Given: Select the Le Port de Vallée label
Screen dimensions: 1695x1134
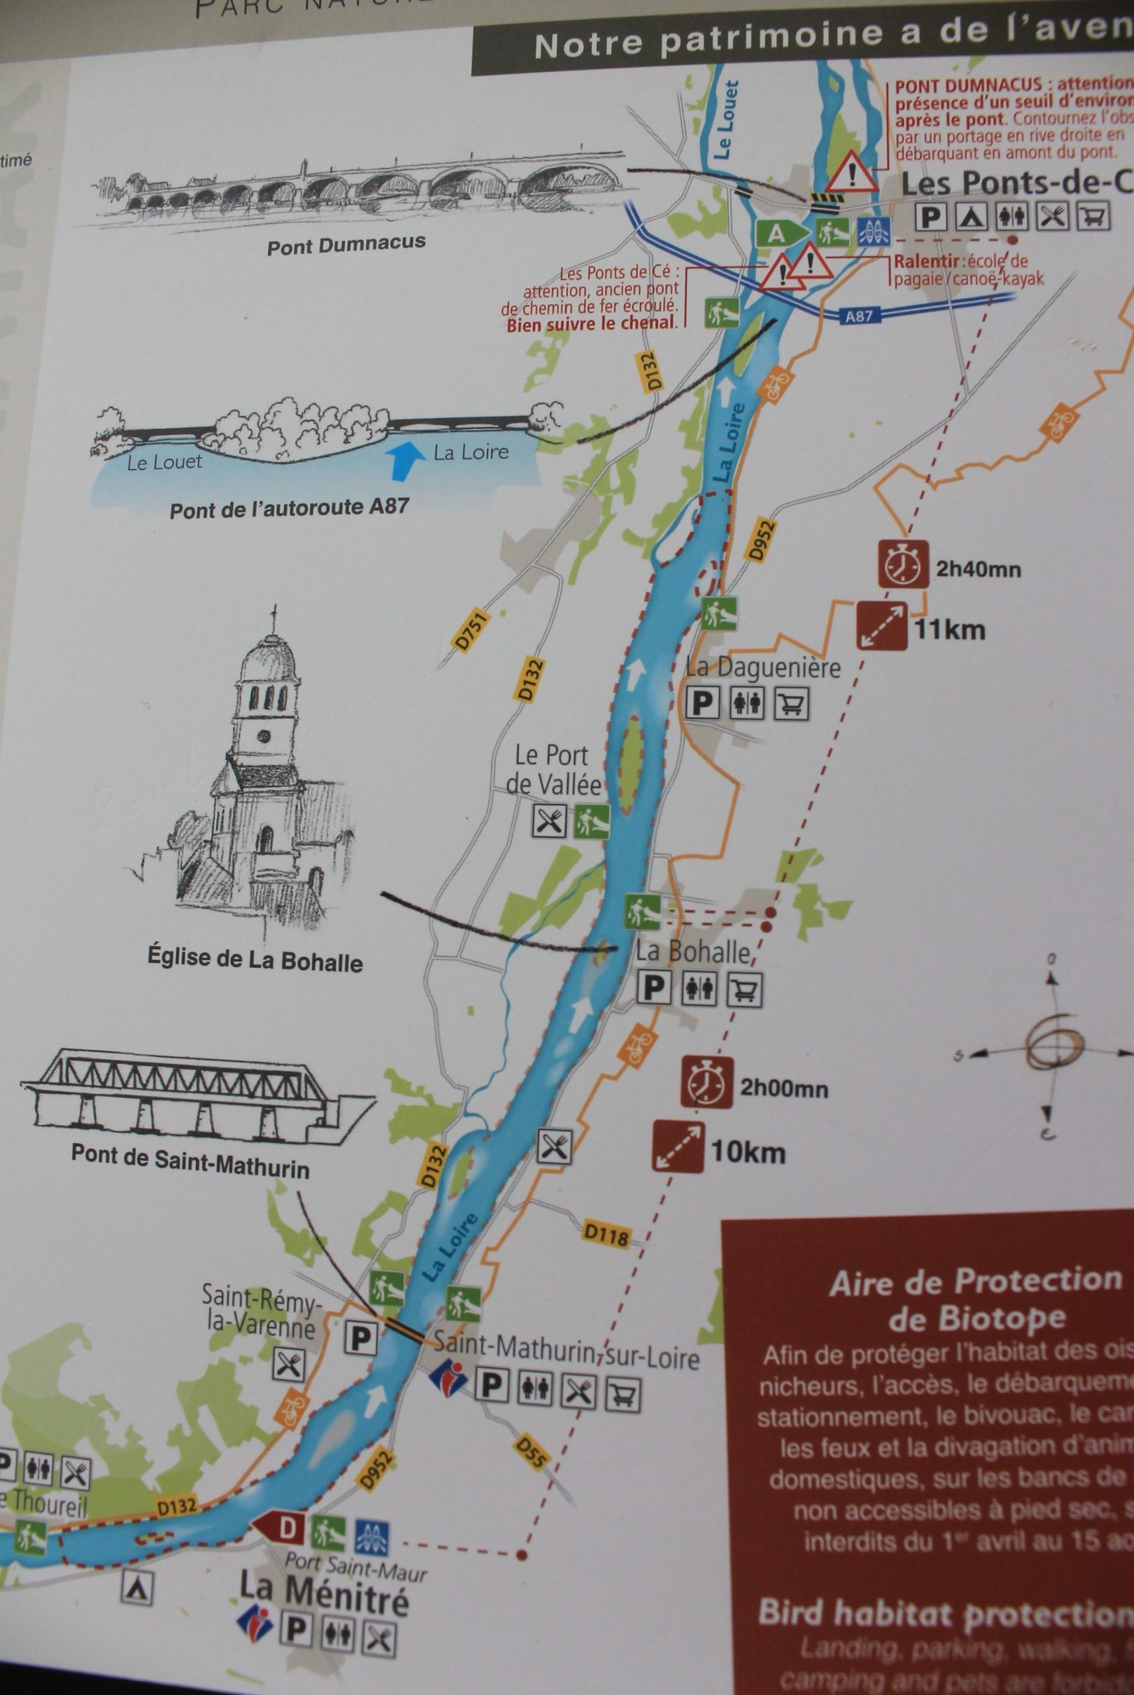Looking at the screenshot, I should pyautogui.click(x=553, y=769).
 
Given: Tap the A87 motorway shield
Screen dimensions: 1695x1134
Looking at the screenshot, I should pyautogui.click(x=859, y=316).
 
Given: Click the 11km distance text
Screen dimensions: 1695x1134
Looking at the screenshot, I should pyautogui.click(x=949, y=630).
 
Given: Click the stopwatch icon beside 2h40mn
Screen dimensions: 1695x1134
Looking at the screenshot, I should pyautogui.click(x=902, y=564).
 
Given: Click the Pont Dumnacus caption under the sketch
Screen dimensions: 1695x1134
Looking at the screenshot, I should pyautogui.click(x=346, y=244).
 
